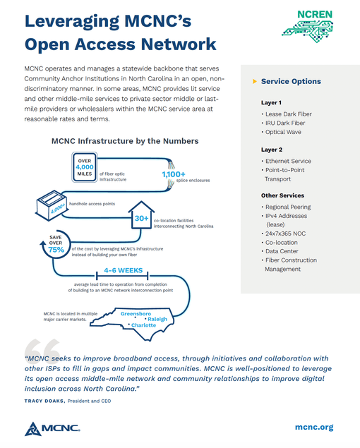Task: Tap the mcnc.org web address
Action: tap(313, 427)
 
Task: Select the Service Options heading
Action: tap(290, 81)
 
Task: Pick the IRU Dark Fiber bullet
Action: tap(285, 122)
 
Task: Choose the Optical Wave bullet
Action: tap(284, 132)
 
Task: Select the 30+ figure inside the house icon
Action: tap(141, 219)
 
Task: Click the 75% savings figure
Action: tap(56, 248)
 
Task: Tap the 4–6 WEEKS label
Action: tap(123, 270)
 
